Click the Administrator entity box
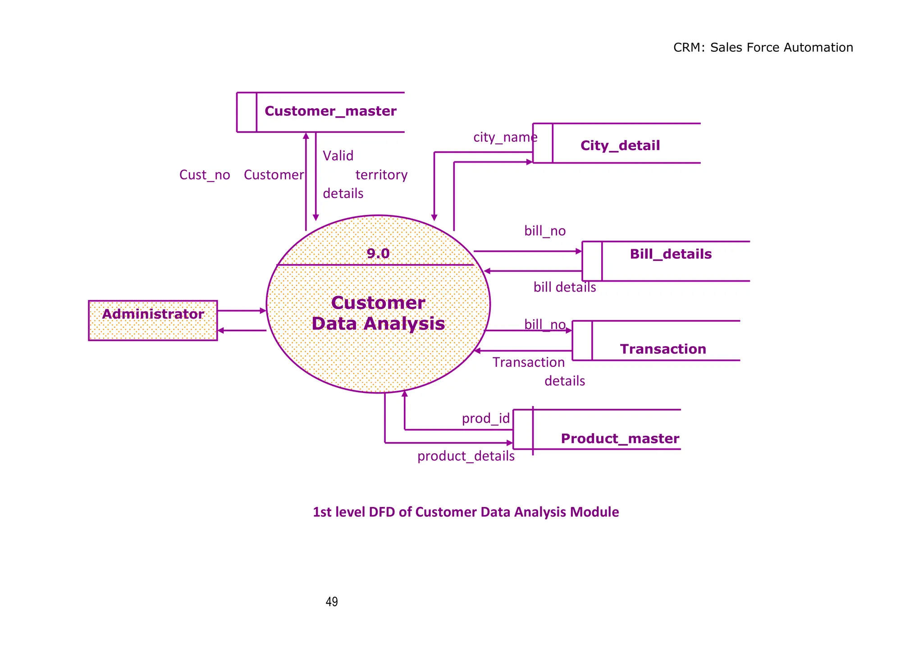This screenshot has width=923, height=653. [153, 320]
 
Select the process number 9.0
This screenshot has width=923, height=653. [378, 253]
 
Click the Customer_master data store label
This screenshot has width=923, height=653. [330, 111]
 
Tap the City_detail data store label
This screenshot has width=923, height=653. [620, 146]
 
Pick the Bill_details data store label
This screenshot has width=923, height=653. [671, 254]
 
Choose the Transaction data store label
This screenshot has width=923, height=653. [663, 349]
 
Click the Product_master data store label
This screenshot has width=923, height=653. [620, 438]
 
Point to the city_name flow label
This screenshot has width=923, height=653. [505, 137]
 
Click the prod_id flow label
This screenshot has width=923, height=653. [485, 419]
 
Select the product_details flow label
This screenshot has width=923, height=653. [466, 456]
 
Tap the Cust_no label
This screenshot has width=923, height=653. [205, 175]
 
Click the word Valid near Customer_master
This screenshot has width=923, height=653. [338, 156]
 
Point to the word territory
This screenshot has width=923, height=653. [381, 175]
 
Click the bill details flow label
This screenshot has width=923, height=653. [564, 287]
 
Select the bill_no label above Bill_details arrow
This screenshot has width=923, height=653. [544, 231]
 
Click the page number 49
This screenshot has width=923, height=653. [332, 602]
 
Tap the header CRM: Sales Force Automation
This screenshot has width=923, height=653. [763, 48]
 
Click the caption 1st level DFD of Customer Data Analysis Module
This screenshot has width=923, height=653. [466, 512]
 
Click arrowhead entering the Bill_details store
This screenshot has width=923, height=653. [579, 251]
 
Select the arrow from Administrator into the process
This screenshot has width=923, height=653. [241, 311]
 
